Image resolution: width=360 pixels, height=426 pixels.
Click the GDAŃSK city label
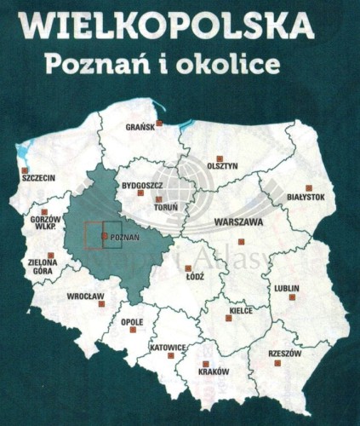(x=138, y=128)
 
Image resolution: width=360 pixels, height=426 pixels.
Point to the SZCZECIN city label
(x=37, y=178)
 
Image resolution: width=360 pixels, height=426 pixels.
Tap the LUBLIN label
(x=286, y=288)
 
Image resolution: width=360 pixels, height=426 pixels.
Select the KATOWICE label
(x=167, y=348)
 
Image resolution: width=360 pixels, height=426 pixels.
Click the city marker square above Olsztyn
(x=219, y=158)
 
